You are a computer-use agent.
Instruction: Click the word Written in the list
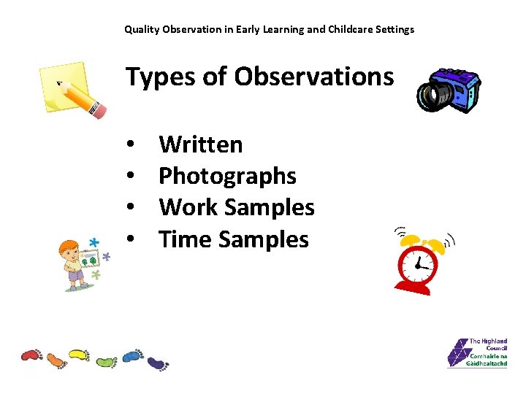click(200, 144)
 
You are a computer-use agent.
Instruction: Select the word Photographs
click(227, 176)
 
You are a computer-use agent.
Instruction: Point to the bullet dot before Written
click(129, 145)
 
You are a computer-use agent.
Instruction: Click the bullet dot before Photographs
click(129, 177)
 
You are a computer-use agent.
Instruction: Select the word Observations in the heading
click(313, 76)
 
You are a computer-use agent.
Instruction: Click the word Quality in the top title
click(140, 30)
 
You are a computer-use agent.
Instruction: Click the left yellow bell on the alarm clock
click(411, 240)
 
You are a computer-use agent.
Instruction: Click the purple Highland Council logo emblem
click(457, 353)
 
